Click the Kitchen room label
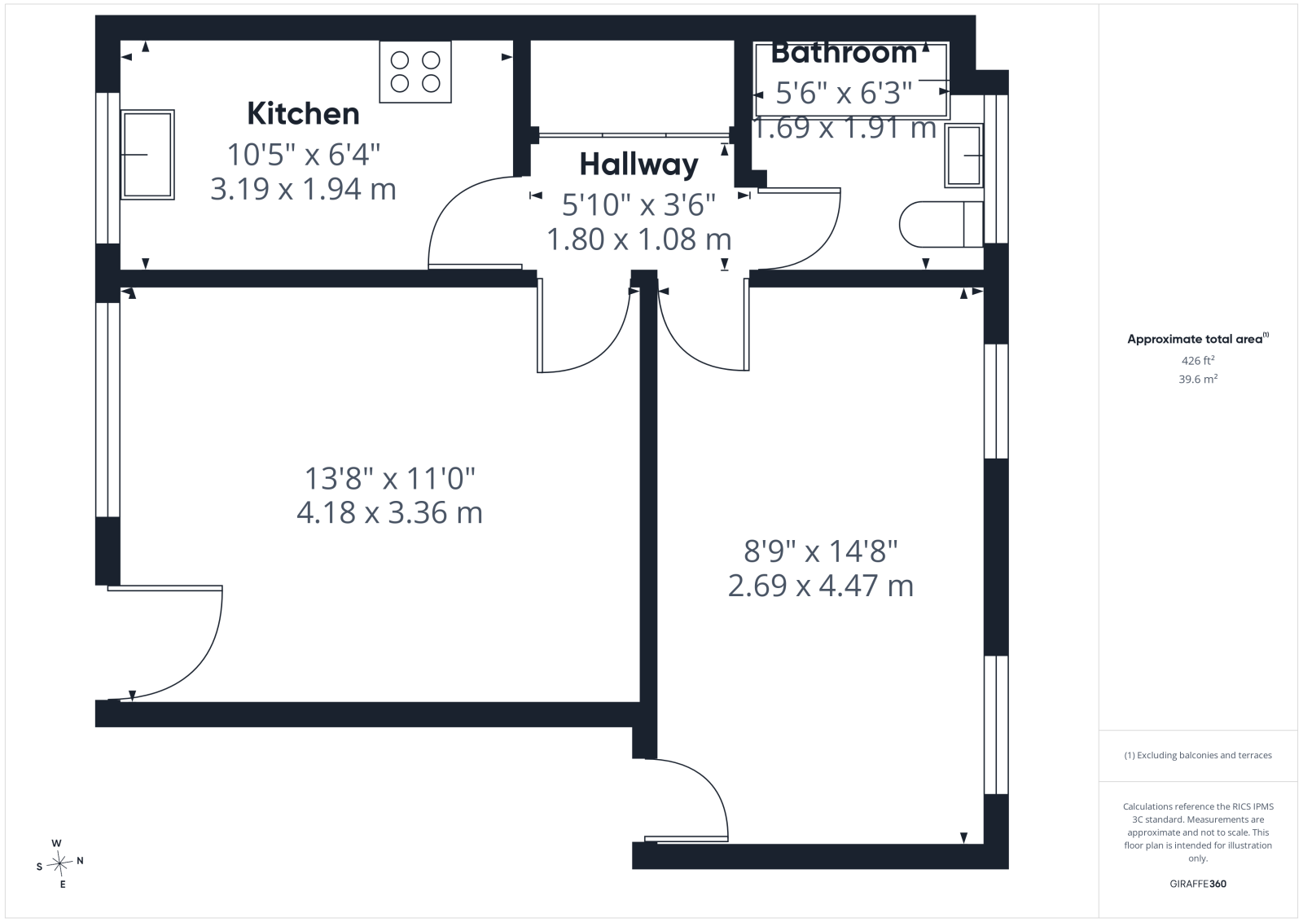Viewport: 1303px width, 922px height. [x=303, y=113]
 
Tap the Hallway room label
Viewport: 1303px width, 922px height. [x=638, y=165]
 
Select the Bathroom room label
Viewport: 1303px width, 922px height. [x=844, y=53]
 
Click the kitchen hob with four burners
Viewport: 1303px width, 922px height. [x=415, y=72]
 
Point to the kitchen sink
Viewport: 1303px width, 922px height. [x=147, y=155]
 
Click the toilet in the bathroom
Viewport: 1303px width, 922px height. [x=941, y=225]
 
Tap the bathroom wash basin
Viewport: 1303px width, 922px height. [x=964, y=156]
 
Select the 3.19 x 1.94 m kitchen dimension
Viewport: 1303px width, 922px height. [x=303, y=189]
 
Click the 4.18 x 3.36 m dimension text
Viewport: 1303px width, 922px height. [x=390, y=512]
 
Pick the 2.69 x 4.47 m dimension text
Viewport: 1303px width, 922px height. [x=821, y=585]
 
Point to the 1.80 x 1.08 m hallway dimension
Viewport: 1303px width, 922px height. [x=638, y=239]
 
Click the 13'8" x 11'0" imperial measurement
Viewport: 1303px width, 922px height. [x=390, y=478]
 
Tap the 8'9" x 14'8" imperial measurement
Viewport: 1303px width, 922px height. [x=821, y=551]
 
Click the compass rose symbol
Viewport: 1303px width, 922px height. [x=60, y=863]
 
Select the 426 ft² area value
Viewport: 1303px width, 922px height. [x=1198, y=360]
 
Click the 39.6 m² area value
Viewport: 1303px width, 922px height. [x=1198, y=379]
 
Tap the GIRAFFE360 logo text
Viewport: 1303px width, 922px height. [x=1198, y=884]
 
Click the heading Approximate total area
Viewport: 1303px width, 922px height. [x=1198, y=339]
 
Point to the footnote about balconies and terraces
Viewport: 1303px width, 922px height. [x=1198, y=755]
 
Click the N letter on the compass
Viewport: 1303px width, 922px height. [x=81, y=860]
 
